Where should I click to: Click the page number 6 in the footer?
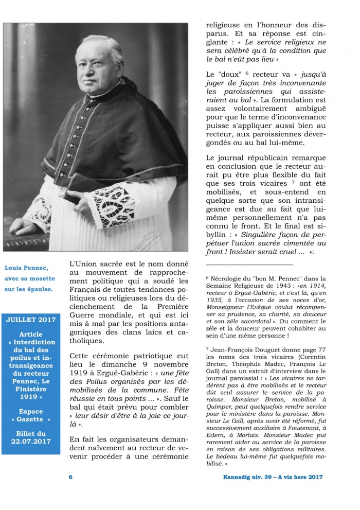(70, 477)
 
